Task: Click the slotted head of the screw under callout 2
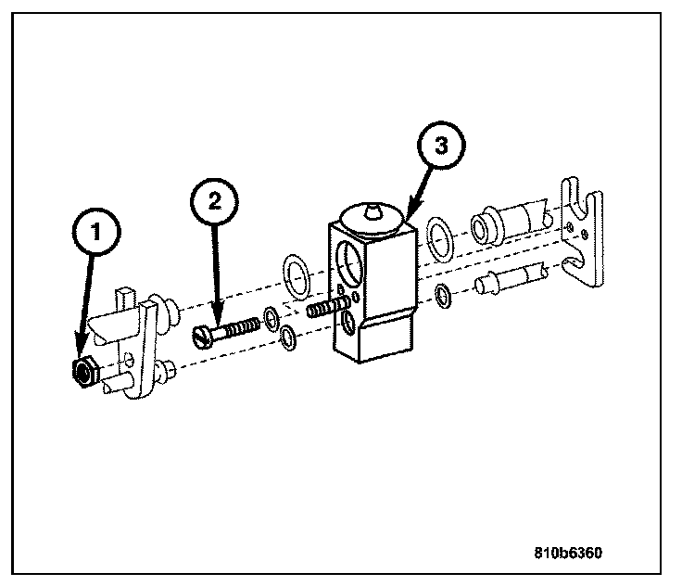(x=204, y=335)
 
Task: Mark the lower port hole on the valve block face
(x=347, y=321)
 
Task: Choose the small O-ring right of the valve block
(x=444, y=296)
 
